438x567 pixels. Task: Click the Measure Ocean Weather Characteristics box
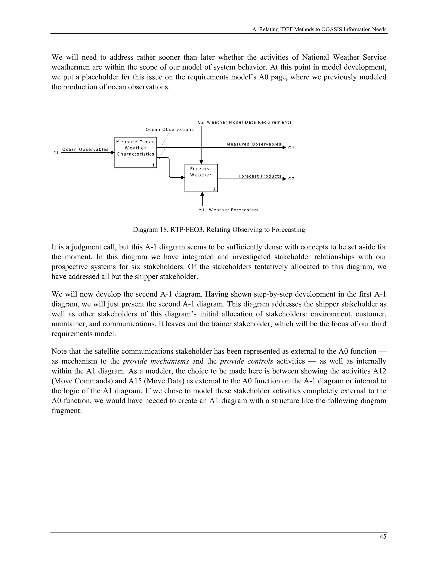pyautogui.click(x=135, y=152)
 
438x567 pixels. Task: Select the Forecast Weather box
pyautogui.click(x=201, y=178)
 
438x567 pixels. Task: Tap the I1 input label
pyautogui.click(x=56, y=153)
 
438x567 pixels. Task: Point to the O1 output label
pyautogui.click(x=292, y=148)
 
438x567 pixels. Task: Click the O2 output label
pyautogui.click(x=292, y=179)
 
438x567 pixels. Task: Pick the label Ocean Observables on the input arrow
pyautogui.click(x=85, y=149)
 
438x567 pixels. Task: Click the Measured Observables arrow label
pyautogui.click(x=254, y=144)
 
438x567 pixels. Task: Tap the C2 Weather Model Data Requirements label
pyautogui.click(x=244, y=122)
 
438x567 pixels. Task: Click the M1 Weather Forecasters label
pyautogui.click(x=228, y=210)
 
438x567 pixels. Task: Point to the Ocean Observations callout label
pyautogui.click(x=169, y=129)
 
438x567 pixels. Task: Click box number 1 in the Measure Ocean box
pyautogui.click(x=153, y=165)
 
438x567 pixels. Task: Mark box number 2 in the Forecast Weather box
pyautogui.click(x=214, y=189)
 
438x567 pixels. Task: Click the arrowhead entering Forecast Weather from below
pyautogui.click(x=202, y=194)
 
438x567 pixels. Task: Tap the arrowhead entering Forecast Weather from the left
pyautogui.click(x=183, y=178)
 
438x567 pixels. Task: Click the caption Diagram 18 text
pyautogui.click(x=219, y=230)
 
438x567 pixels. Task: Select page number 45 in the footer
pyautogui.click(x=383, y=536)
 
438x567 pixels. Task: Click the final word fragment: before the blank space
pyautogui.click(x=67, y=410)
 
